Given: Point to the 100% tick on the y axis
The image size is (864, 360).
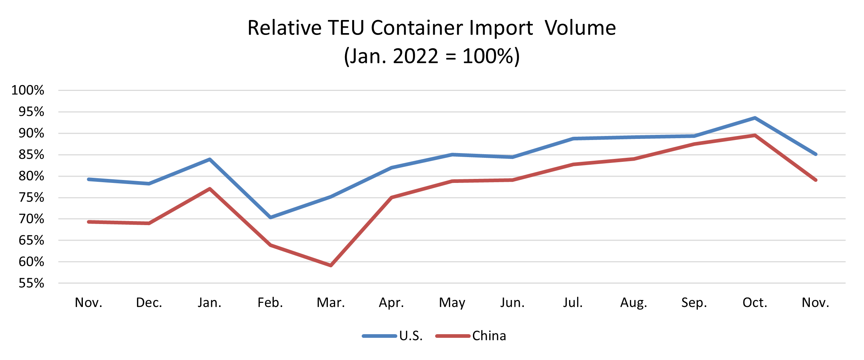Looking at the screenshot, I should click(28, 90).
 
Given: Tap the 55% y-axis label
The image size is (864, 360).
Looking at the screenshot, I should click(31, 283).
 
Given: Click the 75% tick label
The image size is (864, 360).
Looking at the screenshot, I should click(31, 198).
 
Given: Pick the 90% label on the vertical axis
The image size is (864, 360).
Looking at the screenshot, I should click(31, 133).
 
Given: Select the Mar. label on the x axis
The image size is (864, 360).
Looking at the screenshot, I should click(331, 303).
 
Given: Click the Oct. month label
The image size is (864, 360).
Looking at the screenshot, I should click(755, 303).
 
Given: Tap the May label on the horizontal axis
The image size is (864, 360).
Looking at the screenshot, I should click(452, 303).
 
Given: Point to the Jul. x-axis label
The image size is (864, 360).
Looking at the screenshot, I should click(573, 303).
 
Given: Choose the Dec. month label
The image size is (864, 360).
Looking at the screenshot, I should click(149, 303).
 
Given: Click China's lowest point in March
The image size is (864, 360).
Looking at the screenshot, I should click(331, 265).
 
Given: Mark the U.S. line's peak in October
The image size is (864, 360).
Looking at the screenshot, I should click(755, 118).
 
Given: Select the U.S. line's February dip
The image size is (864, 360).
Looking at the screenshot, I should click(270, 217).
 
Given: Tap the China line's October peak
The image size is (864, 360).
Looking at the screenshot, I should click(755, 135).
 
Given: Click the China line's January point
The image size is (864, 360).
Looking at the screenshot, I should click(210, 189).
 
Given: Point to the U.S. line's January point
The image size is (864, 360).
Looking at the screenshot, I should click(210, 159).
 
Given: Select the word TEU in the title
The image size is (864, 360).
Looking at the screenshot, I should click(346, 28).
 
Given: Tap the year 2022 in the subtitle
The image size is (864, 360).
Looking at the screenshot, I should click(415, 56).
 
